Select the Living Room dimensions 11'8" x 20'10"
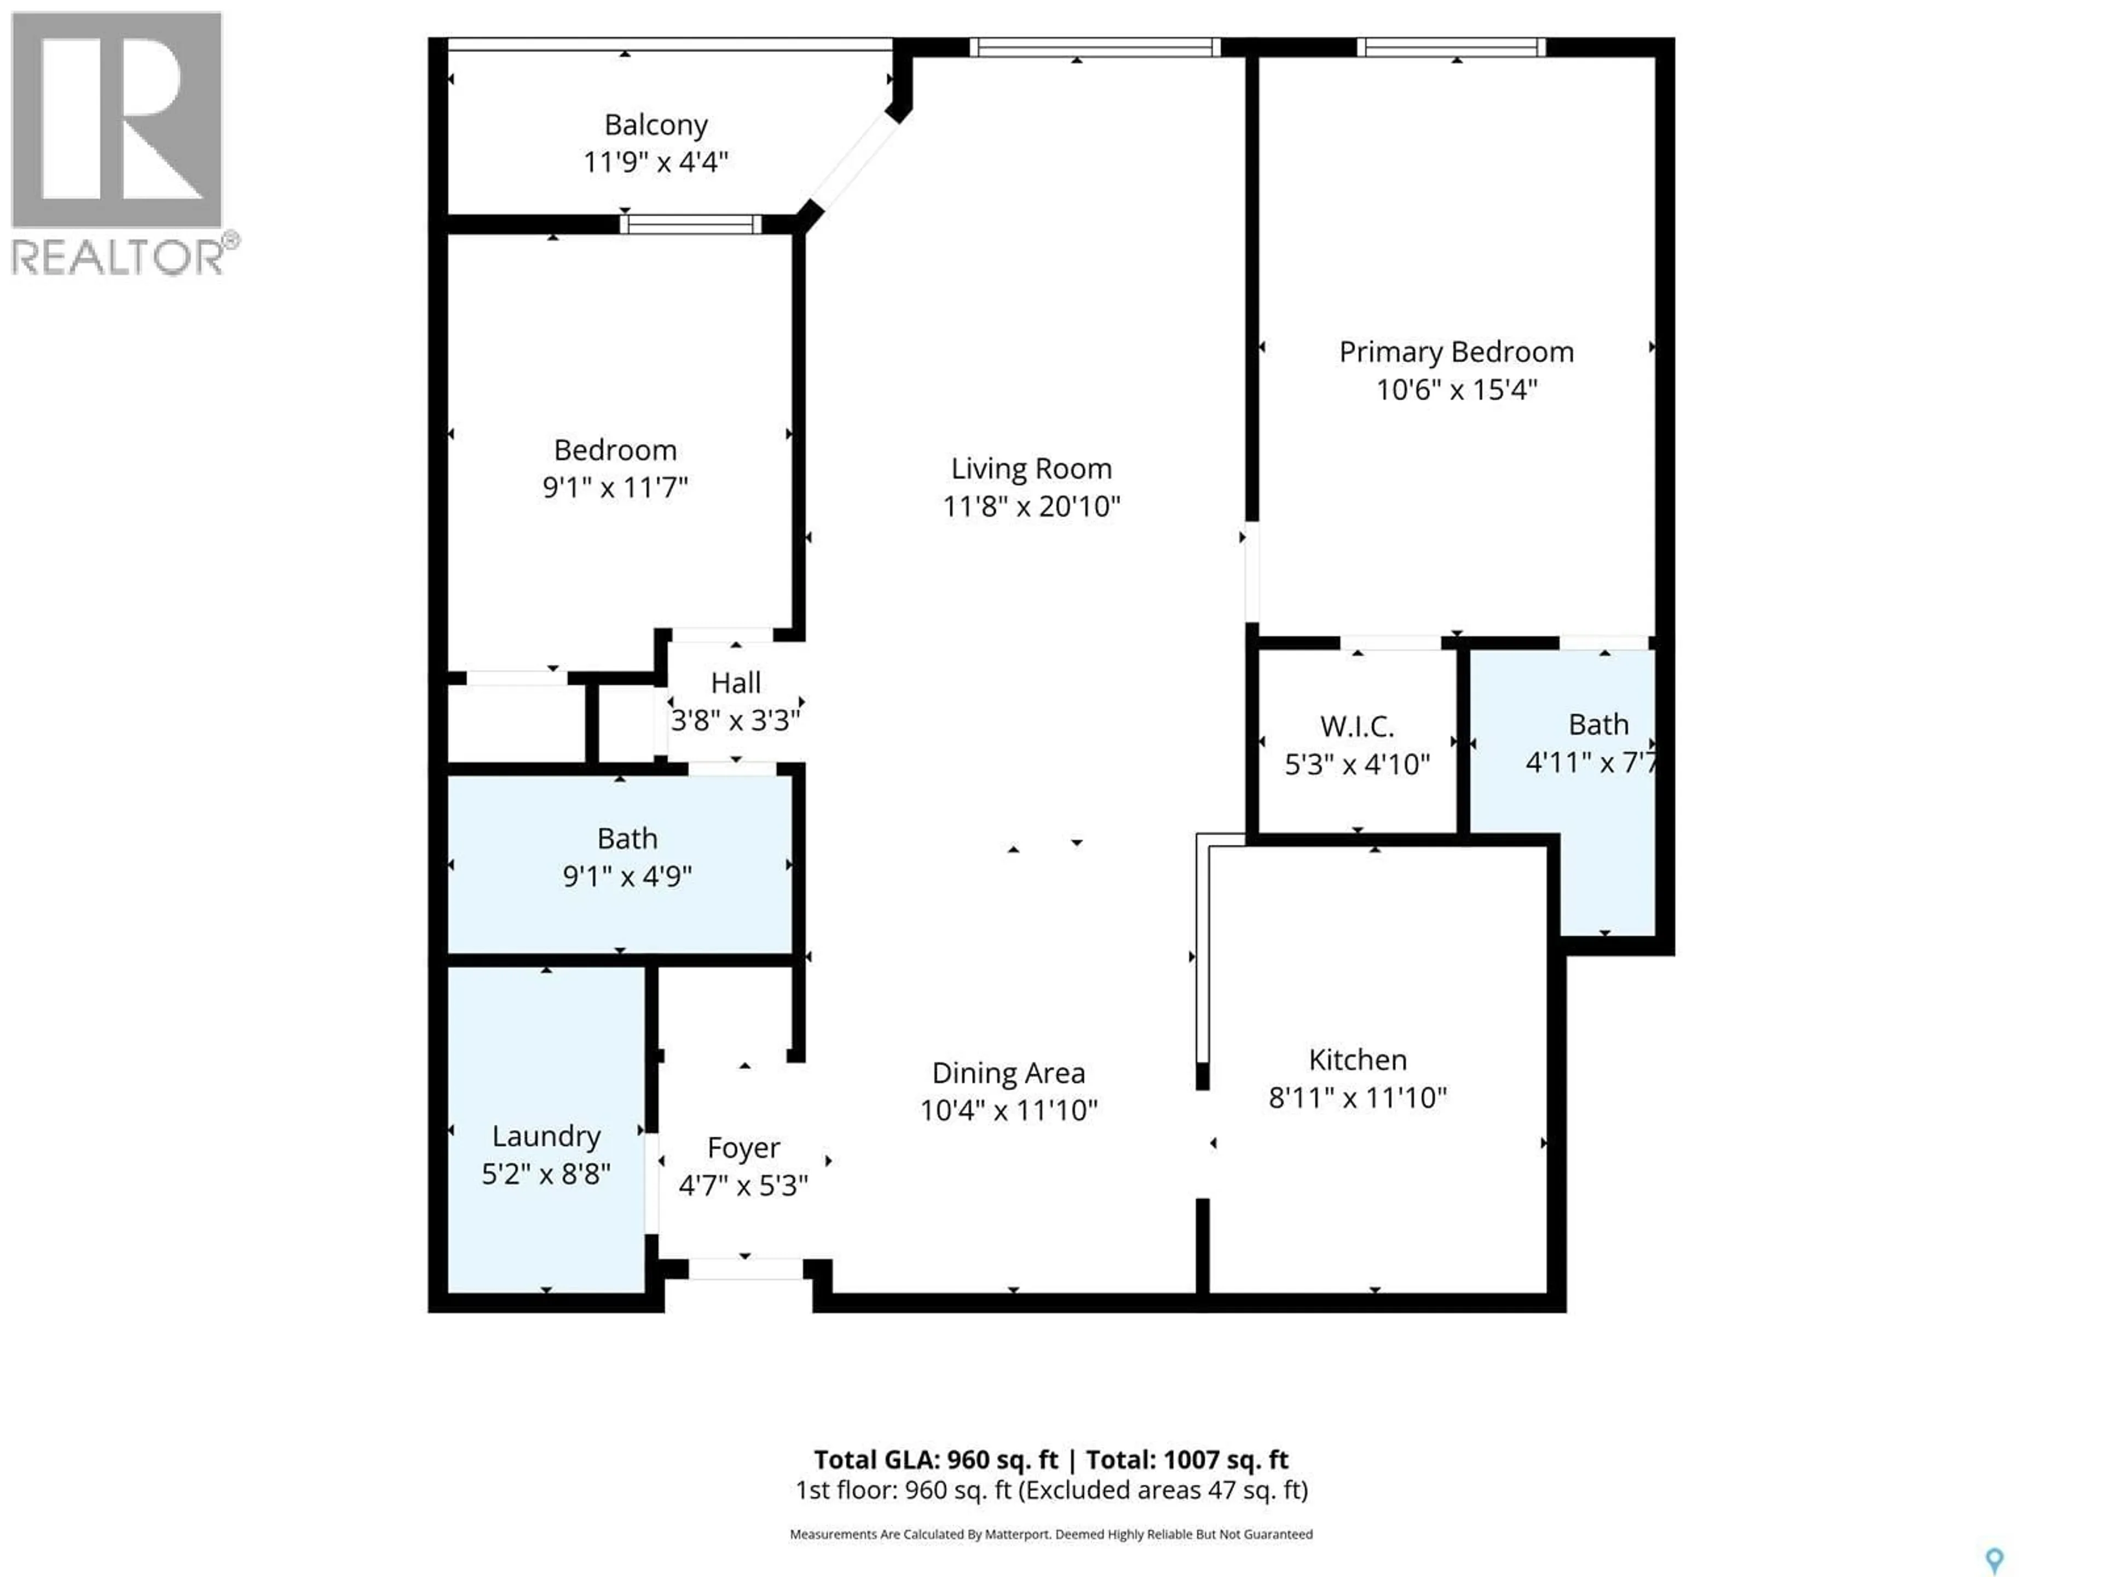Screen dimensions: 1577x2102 click(1031, 507)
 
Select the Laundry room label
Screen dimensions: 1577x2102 click(545, 1137)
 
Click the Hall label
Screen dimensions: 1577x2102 click(736, 682)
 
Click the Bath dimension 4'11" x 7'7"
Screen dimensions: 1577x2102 click(1592, 762)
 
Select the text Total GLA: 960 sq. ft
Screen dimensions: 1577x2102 click(935, 1460)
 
